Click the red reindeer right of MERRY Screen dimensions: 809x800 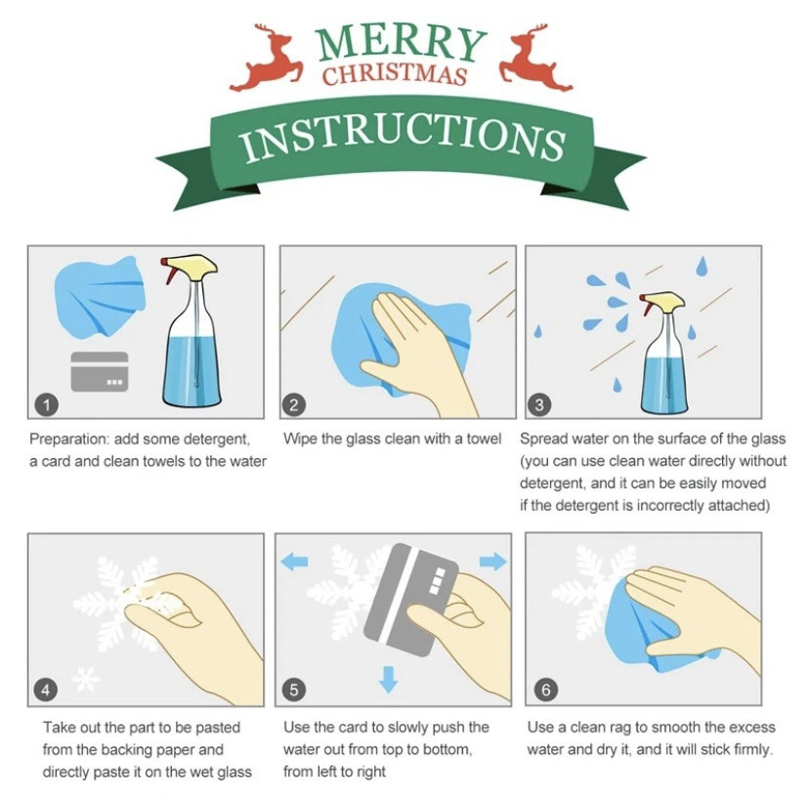(534, 61)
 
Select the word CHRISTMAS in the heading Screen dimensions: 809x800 (395, 75)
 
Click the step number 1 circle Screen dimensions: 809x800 (47, 405)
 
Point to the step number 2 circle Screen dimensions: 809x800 (293, 405)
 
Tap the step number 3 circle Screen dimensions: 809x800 (539, 405)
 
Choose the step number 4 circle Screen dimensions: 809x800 (46, 691)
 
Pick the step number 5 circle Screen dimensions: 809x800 (293, 691)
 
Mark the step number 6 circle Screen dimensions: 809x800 (546, 690)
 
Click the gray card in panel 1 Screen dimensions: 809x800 (99, 372)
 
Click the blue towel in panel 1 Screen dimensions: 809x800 (100, 298)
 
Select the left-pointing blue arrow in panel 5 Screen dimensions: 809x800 (295, 562)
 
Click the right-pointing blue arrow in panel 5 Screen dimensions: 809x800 (493, 562)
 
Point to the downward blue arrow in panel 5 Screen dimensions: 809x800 (389, 679)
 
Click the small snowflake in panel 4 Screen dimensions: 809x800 (85, 679)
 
